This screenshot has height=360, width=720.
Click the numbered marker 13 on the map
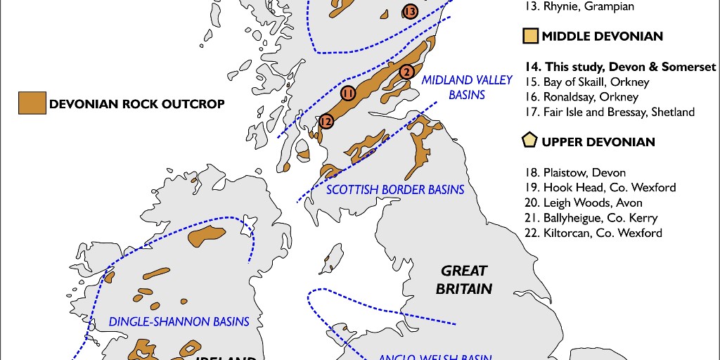410,11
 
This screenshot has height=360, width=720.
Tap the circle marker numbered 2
406,72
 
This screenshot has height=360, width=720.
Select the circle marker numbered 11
347,93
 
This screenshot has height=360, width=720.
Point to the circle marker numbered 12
325,121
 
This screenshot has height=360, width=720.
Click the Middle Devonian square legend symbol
531,36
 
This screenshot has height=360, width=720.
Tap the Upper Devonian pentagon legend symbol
531,141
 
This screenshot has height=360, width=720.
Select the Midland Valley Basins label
467,87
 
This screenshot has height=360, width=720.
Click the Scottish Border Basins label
396,189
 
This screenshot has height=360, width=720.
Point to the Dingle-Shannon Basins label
179,321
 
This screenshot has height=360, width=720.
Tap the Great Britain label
463,279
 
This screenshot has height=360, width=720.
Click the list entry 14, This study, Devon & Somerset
620,67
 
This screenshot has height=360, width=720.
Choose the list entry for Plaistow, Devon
575,172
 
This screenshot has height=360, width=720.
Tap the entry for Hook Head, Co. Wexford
600,187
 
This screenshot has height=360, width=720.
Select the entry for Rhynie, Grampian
579,6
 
